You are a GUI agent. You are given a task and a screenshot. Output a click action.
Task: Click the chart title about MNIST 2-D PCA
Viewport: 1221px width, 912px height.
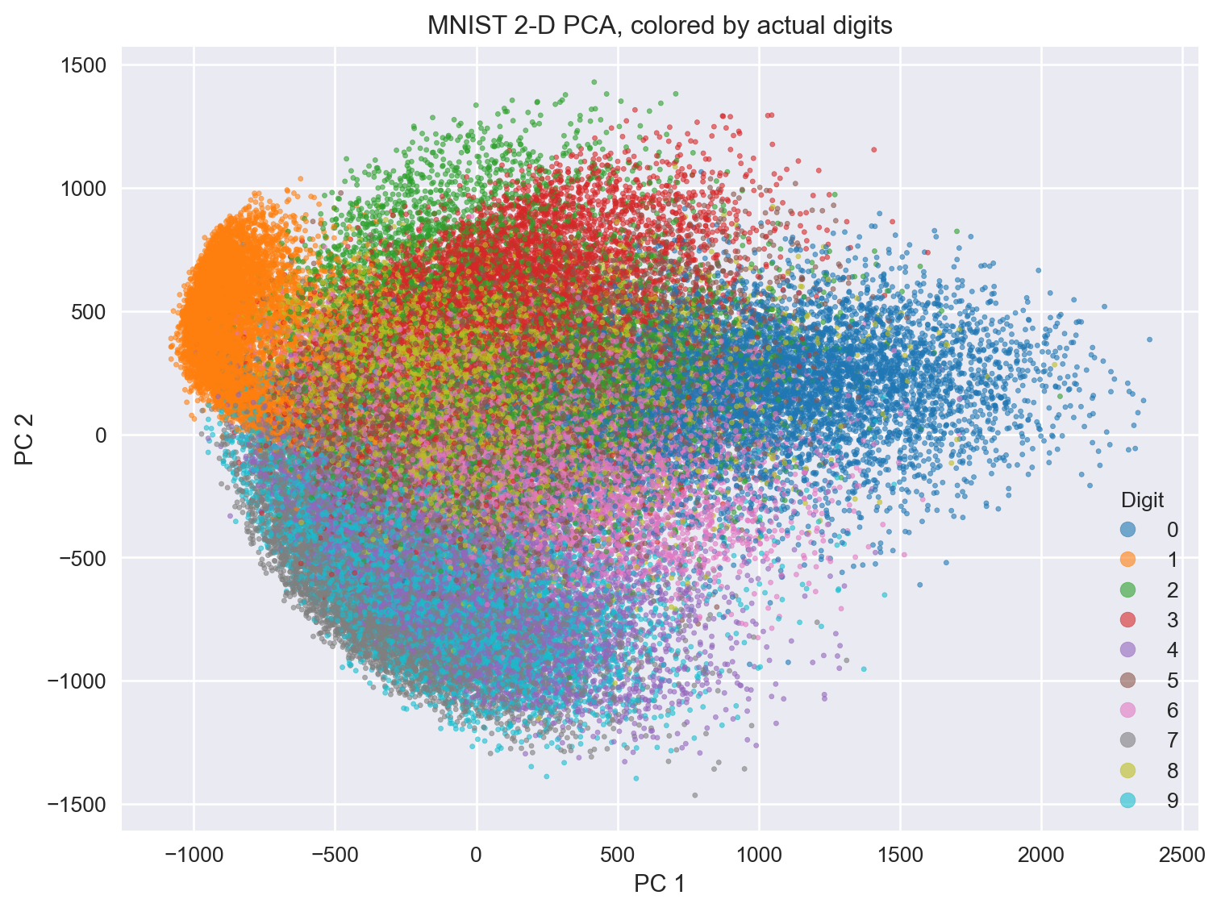pyautogui.click(x=660, y=27)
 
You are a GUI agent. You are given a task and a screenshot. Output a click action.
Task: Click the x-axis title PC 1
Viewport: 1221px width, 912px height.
pyautogui.click(x=660, y=885)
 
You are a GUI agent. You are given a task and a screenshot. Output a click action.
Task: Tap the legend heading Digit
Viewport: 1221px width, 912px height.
pyautogui.click(x=1142, y=501)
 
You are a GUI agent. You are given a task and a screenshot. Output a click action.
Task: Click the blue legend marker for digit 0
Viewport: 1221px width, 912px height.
pyautogui.click(x=1127, y=530)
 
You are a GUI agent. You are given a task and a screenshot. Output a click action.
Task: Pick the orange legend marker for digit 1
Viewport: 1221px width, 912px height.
pyautogui.click(x=1127, y=560)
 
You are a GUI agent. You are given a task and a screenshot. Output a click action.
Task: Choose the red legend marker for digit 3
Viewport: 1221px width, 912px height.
pyautogui.click(x=1127, y=620)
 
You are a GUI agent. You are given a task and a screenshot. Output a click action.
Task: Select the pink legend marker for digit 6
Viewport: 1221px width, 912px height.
pyautogui.click(x=1127, y=710)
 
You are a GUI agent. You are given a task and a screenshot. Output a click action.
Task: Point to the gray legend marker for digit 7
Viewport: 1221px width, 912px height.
pyautogui.click(x=1127, y=740)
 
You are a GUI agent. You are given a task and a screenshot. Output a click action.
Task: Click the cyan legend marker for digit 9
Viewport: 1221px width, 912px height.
pyautogui.click(x=1127, y=801)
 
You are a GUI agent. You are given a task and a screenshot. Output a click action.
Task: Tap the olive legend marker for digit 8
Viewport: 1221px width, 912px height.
pyautogui.click(x=1127, y=771)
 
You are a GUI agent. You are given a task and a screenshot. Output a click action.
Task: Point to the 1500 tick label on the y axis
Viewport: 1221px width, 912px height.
pyautogui.click(x=85, y=65)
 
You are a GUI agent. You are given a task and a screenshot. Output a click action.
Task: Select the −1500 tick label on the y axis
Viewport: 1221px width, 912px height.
pyautogui.click(x=79, y=805)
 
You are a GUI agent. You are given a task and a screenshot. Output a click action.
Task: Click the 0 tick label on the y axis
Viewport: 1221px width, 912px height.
pyautogui.click(x=102, y=435)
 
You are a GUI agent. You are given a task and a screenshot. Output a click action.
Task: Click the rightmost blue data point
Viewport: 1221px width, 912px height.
pyautogui.click(x=1149, y=339)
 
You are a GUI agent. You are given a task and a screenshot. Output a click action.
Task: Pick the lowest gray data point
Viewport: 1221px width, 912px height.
pyautogui.click(x=694, y=795)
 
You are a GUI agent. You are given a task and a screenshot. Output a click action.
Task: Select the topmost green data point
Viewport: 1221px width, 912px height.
pyautogui.click(x=594, y=81)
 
